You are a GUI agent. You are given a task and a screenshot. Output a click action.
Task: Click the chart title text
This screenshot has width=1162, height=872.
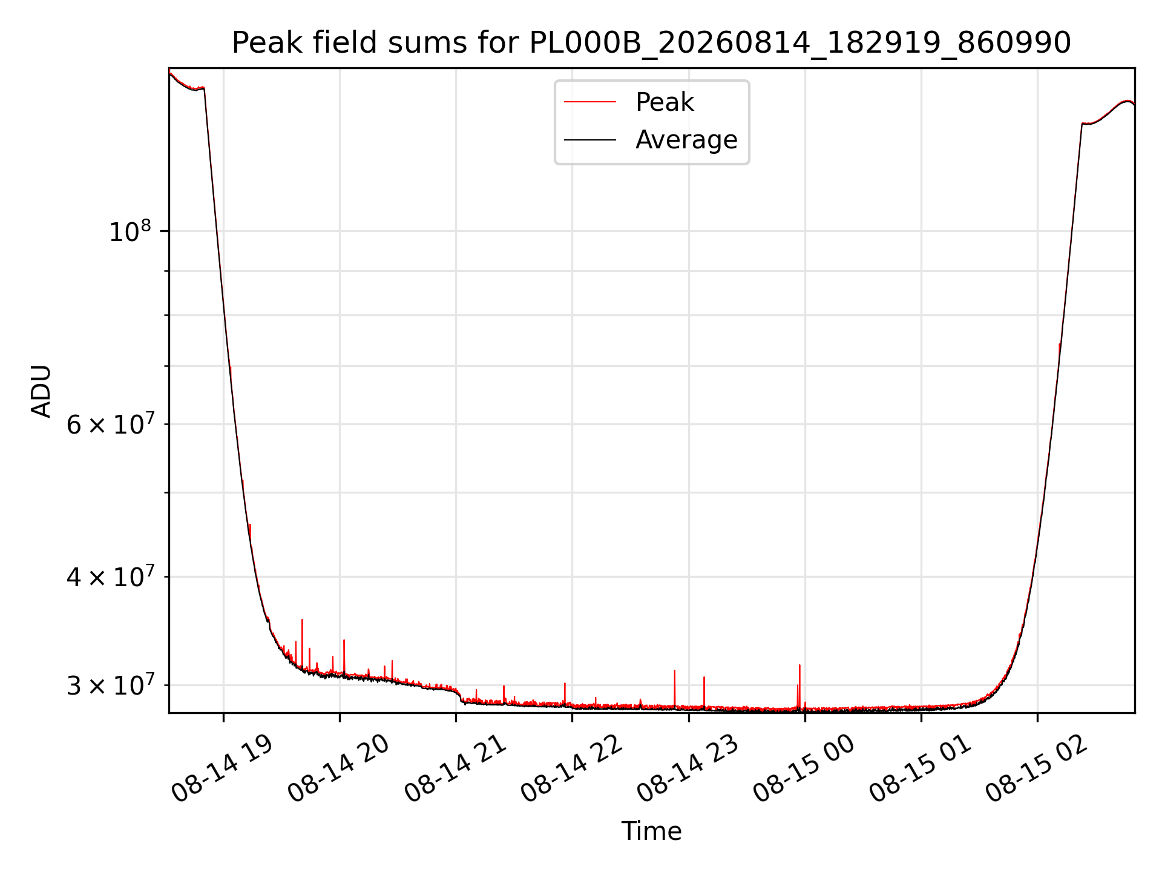pyautogui.click(x=651, y=43)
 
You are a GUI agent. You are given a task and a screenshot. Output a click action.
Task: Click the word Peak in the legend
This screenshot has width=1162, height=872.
pyautogui.click(x=665, y=102)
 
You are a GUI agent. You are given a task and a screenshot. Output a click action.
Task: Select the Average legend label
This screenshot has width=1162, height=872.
pyautogui.click(x=686, y=140)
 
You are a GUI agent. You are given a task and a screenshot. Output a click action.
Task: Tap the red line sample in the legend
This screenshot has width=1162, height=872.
pyautogui.click(x=590, y=102)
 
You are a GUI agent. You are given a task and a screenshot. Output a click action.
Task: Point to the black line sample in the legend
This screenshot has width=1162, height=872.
pyautogui.click(x=590, y=140)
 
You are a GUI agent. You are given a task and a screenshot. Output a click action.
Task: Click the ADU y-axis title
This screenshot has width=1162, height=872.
pyautogui.click(x=41, y=391)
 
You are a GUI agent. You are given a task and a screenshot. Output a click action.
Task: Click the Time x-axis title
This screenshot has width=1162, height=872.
pyautogui.click(x=651, y=831)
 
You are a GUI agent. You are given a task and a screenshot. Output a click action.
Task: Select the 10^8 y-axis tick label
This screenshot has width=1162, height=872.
pyautogui.click(x=130, y=231)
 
